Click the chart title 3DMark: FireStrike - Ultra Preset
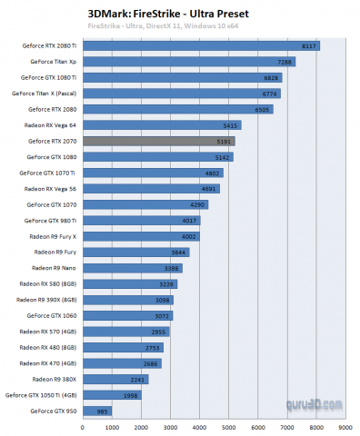[160, 14]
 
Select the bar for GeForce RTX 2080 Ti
[200, 45]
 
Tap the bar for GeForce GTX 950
[97, 411]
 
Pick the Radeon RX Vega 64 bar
[162, 125]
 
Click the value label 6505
[263, 109]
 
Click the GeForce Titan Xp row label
[54, 62]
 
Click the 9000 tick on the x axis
[344, 426]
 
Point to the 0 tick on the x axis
[83, 426]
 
